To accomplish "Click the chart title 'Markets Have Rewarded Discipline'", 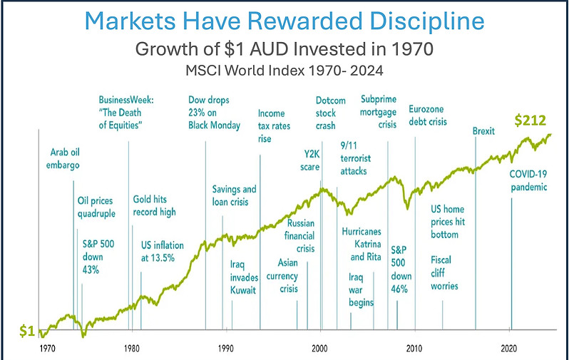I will click(284, 21).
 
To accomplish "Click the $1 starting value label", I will click(26, 331).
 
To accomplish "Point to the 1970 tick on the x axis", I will click(47, 349).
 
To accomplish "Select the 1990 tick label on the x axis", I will click(226, 349).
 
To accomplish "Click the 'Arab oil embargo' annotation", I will click(64, 158).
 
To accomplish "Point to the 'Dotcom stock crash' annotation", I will click(330, 112).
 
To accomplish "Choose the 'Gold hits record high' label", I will click(154, 205).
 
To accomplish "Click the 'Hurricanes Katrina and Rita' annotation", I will click(362, 244).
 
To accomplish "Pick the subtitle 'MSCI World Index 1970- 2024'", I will click(284, 71).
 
